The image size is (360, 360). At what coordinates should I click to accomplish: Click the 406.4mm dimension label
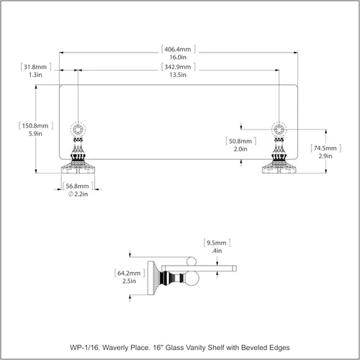click(178, 49)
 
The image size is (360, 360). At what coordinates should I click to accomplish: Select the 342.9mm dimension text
click(178, 67)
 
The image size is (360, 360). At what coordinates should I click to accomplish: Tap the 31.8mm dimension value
click(35, 67)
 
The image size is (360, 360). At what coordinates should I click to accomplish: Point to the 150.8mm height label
click(35, 126)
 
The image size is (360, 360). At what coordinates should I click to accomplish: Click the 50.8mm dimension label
click(240, 141)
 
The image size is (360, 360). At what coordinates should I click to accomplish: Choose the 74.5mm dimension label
click(325, 148)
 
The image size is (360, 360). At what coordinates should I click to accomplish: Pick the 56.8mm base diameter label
click(77, 186)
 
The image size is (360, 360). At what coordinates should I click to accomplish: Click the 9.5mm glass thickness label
click(217, 243)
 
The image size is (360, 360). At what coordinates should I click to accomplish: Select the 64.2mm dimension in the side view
click(129, 273)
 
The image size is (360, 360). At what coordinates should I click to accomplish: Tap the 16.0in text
click(178, 57)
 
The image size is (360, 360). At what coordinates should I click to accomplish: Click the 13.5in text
click(178, 75)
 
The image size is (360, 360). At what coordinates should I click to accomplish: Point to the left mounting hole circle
click(78, 130)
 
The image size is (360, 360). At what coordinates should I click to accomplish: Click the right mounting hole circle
click(279, 130)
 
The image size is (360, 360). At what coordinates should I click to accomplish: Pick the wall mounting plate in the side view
click(150, 278)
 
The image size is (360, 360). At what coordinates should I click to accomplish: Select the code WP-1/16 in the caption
click(84, 348)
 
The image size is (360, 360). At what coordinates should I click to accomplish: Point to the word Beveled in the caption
click(254, 348)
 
